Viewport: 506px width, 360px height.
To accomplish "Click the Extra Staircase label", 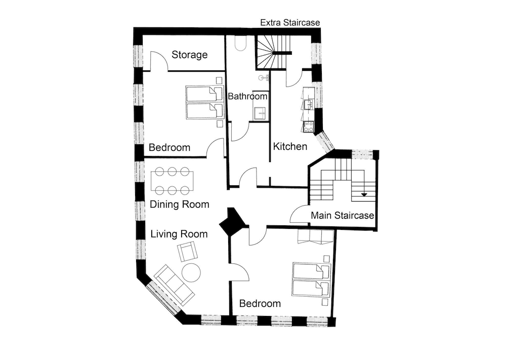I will click(x=290, y=23).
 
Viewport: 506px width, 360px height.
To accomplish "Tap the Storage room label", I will click(x=189, y=55).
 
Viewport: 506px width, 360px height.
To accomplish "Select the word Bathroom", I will click(x=247, y=96).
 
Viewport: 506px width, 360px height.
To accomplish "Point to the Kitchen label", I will click(x=290, y=147).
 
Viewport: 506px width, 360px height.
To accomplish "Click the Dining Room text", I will click(x=180, y=205).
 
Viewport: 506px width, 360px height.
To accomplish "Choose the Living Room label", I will click(x=179, y=234).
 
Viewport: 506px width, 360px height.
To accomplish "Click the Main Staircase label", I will click(x=342, y=216).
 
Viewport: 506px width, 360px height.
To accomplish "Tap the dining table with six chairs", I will click(x=172, y=181).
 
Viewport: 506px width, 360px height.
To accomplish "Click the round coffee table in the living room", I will click(x=191, y=272).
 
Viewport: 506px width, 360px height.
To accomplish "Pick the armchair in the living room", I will click(x=187, y=251).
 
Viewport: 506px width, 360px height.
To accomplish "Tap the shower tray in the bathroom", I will click(x=260, y=113).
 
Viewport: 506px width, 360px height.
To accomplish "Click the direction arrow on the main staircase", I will click(x=363, y=194).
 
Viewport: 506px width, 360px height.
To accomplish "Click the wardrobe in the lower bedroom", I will click(x=315, y=236).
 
